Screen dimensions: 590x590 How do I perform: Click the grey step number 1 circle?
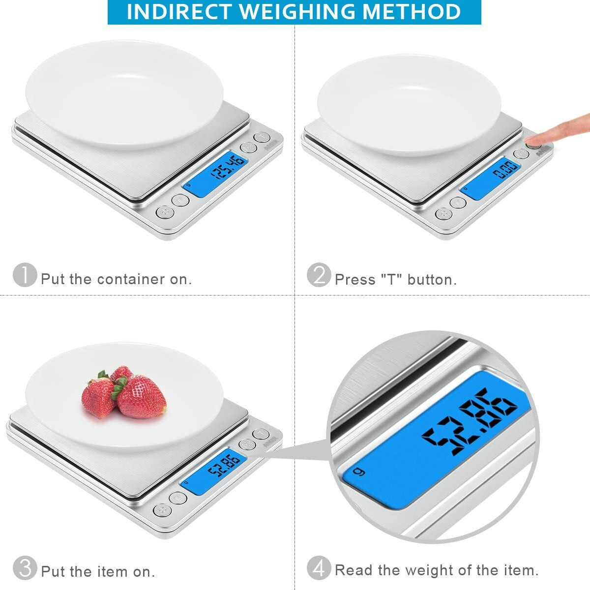coord(25,275)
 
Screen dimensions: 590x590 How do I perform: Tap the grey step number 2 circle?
coord(319,275)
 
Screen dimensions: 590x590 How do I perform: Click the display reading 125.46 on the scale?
coord(215,175)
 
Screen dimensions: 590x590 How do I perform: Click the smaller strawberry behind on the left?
coord(98,396)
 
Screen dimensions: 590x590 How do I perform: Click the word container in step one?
coord(131,279)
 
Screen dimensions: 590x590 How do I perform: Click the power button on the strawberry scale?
coord(162,510)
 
